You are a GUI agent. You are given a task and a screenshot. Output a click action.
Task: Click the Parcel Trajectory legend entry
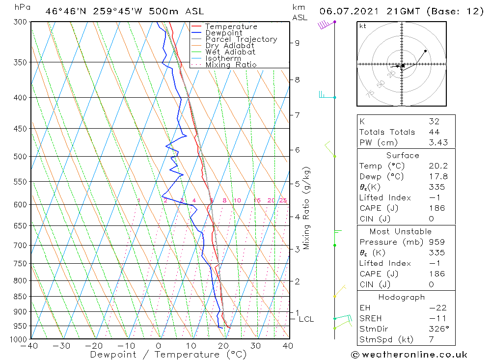(x=241, y=39)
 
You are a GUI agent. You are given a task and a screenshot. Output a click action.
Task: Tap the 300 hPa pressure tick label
(x=20, y=22)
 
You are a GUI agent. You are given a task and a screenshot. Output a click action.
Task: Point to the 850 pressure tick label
(x=20, y=297)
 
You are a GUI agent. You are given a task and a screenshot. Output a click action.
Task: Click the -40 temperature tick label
(x=30, y=346)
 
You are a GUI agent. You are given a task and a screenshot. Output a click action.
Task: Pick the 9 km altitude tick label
(x=297, y=43)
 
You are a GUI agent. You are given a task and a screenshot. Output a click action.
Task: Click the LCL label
(x=306, y=319)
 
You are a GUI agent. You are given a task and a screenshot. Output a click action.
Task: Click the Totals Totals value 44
(x=434, y=132)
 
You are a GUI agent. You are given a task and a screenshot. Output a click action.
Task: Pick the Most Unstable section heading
(x=401, y=231)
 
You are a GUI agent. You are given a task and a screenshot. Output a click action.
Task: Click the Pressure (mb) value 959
(x=436, y=242)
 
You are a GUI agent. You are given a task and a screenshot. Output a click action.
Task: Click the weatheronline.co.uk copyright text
(x=409, y=355)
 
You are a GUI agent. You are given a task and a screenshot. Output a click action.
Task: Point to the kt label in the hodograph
(x=362, y=27)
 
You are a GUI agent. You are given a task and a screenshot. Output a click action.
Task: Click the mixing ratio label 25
(x=283, y=200)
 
